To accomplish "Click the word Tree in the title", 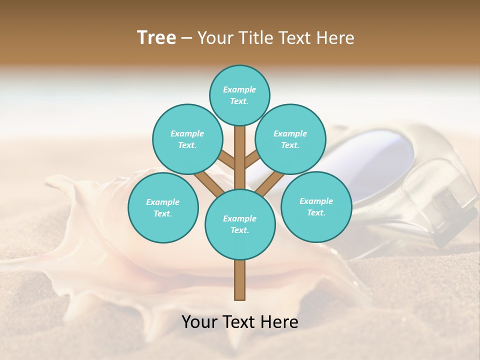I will pos(156,37).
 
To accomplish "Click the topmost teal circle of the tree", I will pos(239,95).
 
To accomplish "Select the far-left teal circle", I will pos(163,207).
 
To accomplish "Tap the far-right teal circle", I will pos(316,206).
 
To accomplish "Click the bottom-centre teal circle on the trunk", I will pos(240,224).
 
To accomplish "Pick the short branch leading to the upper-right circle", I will pos(252,160).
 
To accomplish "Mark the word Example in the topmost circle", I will pos(239,89).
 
